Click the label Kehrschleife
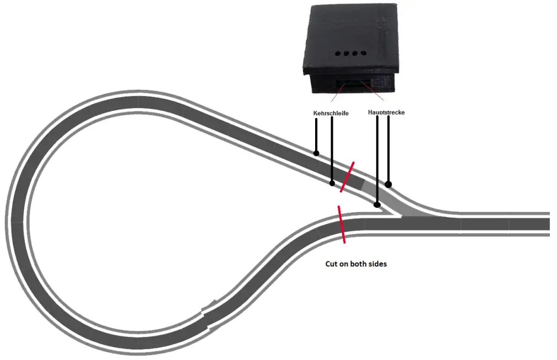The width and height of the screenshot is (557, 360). [x=331, y=113]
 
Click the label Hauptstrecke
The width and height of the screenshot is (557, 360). [x=386, y=112]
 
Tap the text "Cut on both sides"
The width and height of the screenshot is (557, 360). [x=356, y=264]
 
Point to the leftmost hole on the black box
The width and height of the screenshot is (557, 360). [x=337, y=54]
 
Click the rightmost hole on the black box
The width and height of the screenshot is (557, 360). [x=364, y=54]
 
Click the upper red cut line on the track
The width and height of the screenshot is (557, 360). [x=347, y=177]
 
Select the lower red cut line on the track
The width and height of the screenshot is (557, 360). [x=342, y=224]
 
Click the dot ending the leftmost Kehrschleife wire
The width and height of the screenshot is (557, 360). [x=316, y=153]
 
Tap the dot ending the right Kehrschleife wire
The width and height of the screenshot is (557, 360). [x=332, y=183]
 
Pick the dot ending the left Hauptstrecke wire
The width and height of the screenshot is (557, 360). [x=377, y=205]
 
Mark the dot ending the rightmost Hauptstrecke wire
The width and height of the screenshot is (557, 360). [x=388, y=184]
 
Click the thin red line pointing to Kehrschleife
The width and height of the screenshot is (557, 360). [x=337, y=95]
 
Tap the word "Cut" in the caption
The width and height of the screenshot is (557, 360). [x=331, y=264]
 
